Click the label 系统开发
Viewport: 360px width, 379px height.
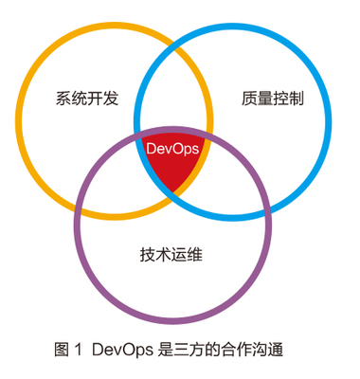click(x=87, y=99)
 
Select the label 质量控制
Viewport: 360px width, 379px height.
click(x=272, y=99)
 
